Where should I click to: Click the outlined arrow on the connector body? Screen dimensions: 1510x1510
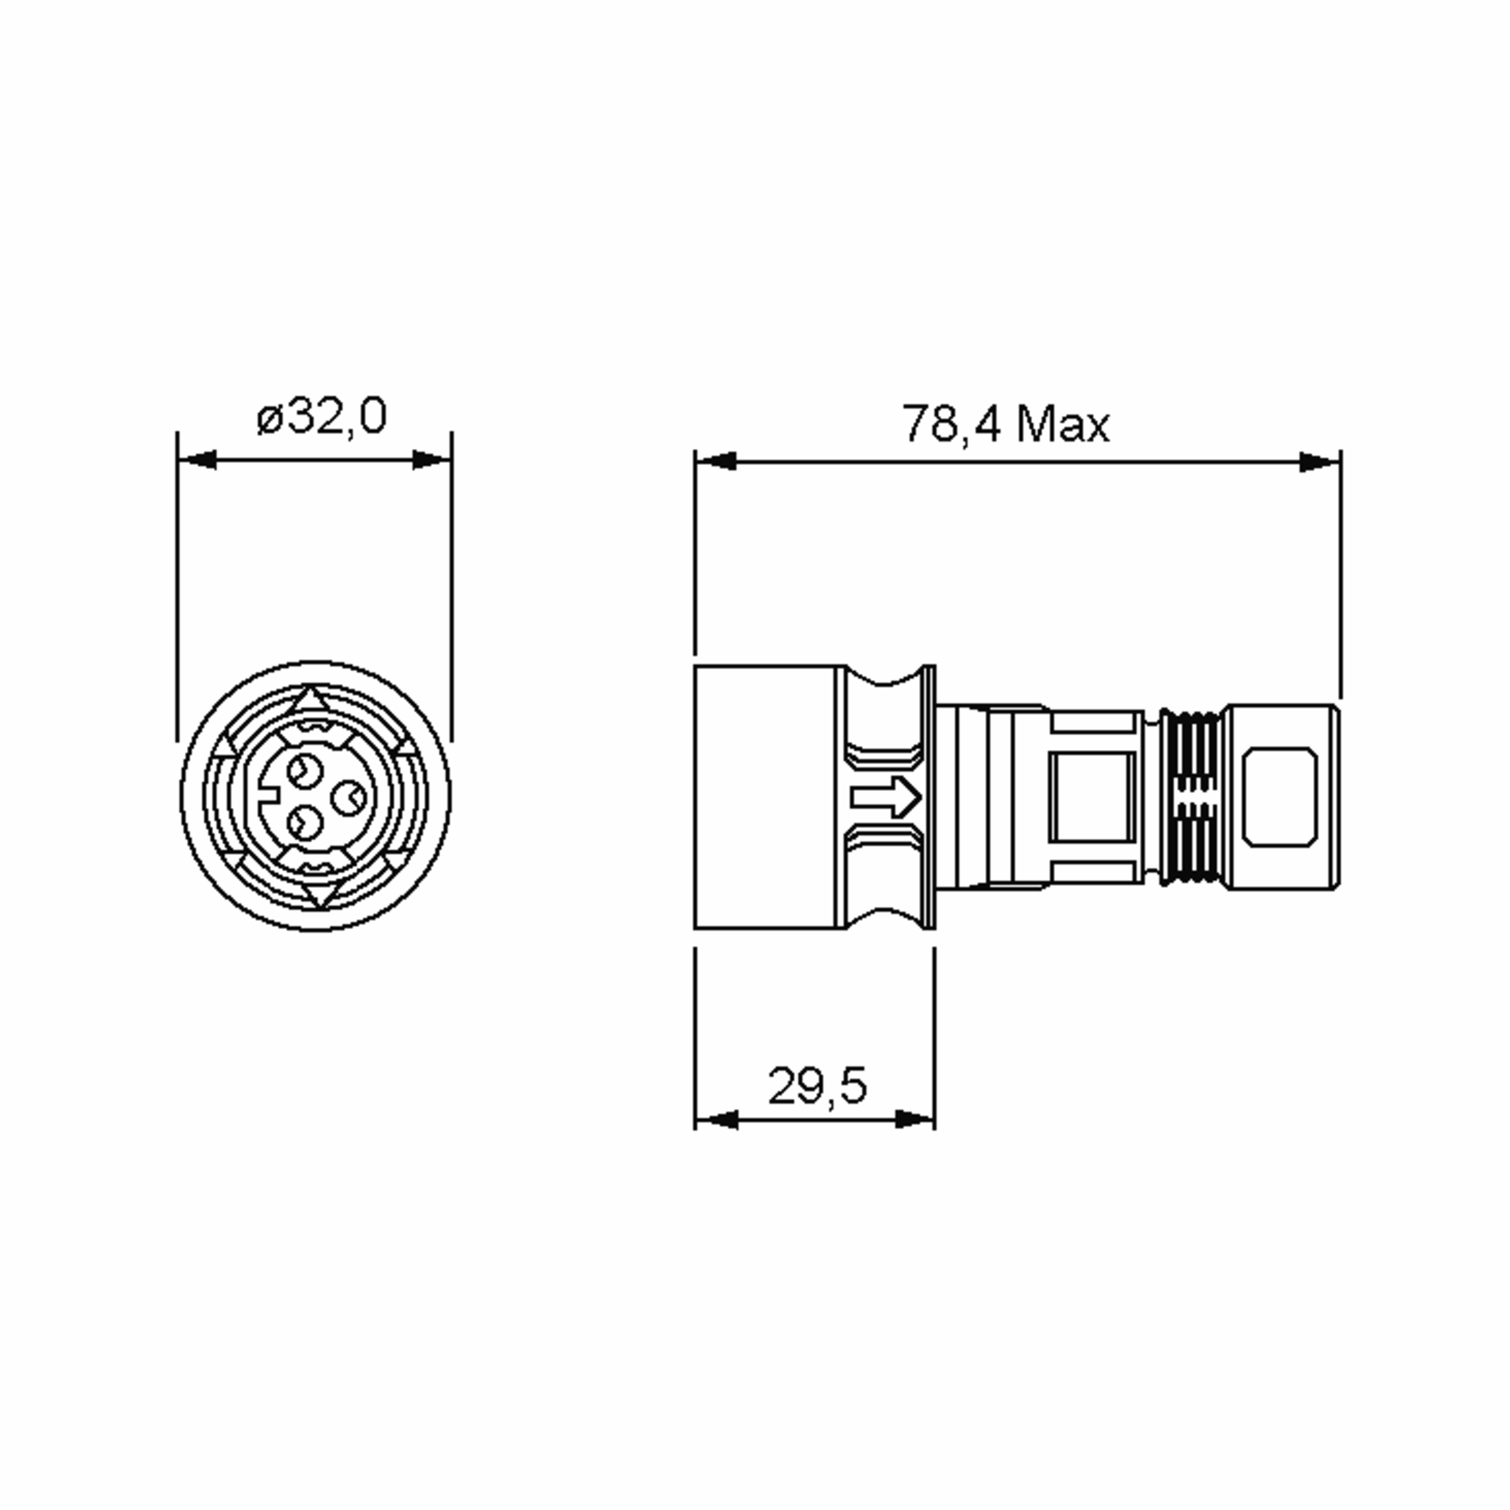pyautogui.click(x=885, y=798)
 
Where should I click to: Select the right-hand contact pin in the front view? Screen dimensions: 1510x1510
pyautogui.click(x=348, y=798)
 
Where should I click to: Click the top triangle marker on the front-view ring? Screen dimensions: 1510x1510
pyautogui.click(x=311, y=700)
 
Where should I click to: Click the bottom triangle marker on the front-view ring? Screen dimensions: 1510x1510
pyautogui.click(x=320, y=894)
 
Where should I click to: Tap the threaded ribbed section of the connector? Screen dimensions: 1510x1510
pyautogui.click(x=1188, y=798)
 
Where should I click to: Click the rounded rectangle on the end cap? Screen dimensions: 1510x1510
pyautogui.click(x=1280, y=797)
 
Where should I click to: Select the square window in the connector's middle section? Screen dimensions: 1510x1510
pyautogui.click(x=1092, y=797)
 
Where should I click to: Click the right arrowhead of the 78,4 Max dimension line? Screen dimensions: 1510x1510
pyautogui.click(x=1319, y=462)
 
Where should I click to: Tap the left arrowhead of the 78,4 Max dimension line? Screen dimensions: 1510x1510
pyautogui.click(x=715, y=462)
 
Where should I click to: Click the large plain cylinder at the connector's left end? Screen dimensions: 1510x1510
pyautogui.click(x=766, y=797)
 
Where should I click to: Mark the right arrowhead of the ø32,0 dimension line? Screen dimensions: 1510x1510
pyautogui.click(x=432, y=459)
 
